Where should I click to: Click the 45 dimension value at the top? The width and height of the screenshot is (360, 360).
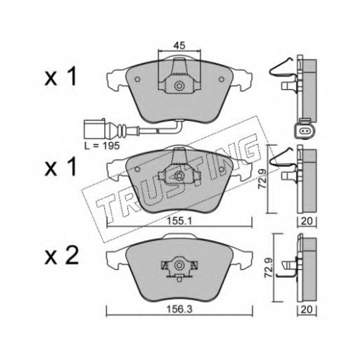[x=179, y=45]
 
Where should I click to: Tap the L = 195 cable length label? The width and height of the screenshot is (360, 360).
[x=102, y=145]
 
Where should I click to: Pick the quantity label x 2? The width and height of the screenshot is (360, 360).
[x=62, y=256]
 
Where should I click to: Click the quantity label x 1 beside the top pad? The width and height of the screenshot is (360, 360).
[x=60, y=76]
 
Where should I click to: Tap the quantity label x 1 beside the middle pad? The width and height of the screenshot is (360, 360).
[x=60, y=166]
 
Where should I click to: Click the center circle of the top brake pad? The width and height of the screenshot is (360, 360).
[x=179, y=86]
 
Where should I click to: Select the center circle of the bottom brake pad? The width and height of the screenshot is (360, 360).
[x=179, y=265]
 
